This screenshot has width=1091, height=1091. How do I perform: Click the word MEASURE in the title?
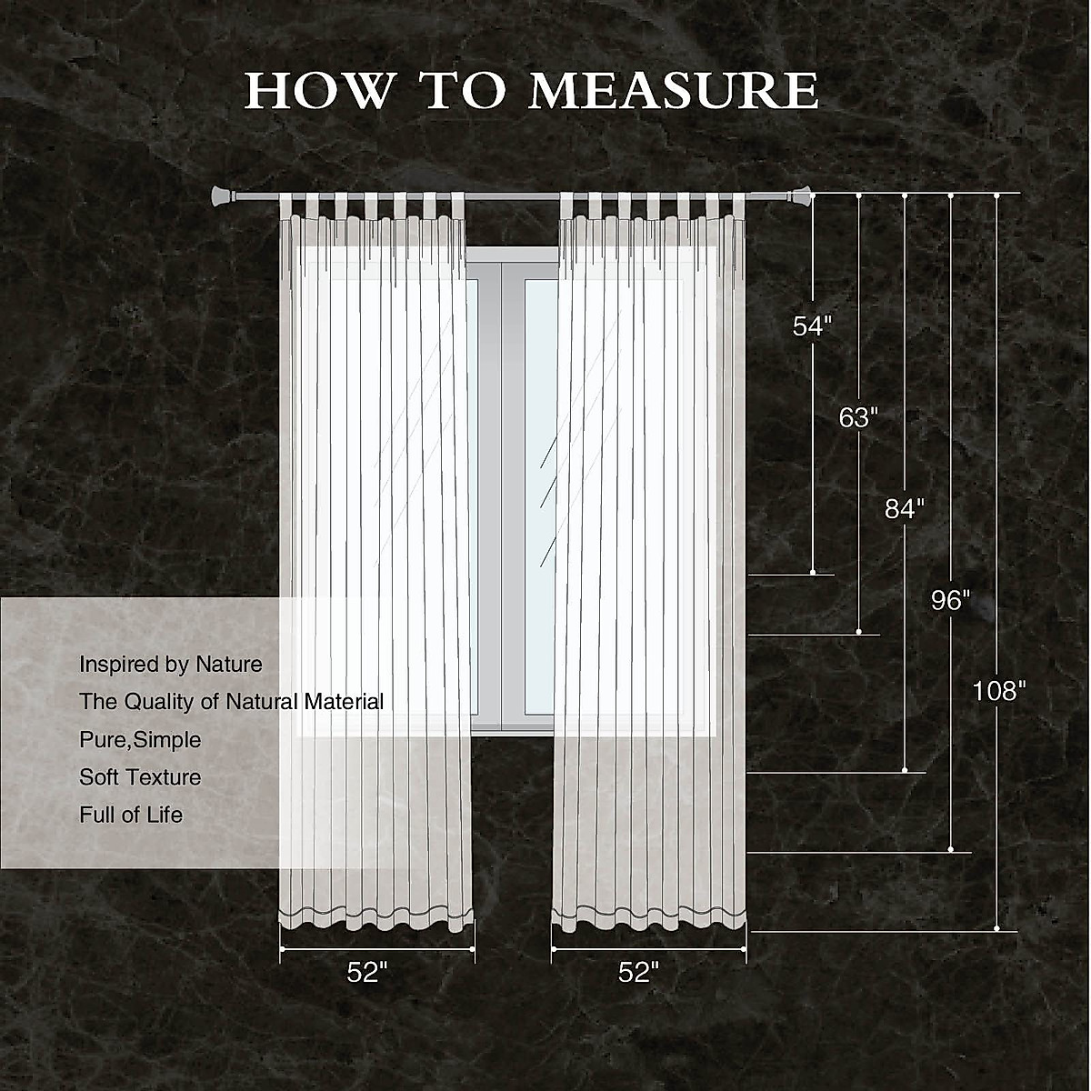pyautogui.click(x=674, y=90)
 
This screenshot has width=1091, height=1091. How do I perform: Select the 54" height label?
pyautogui.click(x=812, y=326)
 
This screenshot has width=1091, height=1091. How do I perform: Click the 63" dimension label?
pyautogui.click(x=858, y=417)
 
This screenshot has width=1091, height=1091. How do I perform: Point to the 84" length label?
pyautogui.click(x=904, y=509)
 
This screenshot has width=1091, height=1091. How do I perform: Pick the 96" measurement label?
pyautogui.click(x=950, y=600)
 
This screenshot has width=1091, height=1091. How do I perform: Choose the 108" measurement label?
pyautogui.click(x=998, y=691)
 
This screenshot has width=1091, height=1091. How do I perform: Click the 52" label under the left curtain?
pyautogui.click(x=367, y=973)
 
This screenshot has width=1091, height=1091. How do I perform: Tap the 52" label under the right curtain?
pyautogui.click(x=638, y=973)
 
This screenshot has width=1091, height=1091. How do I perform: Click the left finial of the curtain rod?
pyautogui.click(x=220, y=195)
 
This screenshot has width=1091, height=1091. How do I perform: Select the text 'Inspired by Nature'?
pyautogui.click(x=171, y=665)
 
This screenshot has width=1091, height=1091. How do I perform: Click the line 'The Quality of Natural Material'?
pyautogui.click(x=231, y=702)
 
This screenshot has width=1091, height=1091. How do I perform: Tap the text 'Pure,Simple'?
pyautogui.click(x=140, y=740)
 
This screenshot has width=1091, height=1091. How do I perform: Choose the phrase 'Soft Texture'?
pyautogui.click(x=140, y=777)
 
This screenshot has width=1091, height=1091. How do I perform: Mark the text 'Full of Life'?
pyautogui.click(x=131, y=815)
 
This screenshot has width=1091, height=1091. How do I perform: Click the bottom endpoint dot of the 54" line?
pyautogui.click(x=813, y=573)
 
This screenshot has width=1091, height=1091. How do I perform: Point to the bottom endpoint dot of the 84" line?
pyautogui.click(x=905, y=771)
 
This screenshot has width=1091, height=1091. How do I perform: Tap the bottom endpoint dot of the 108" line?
pyautogui.click(x=996, y=928)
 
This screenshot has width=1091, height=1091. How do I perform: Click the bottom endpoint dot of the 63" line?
pyautogui.click(x=859, y=632)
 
